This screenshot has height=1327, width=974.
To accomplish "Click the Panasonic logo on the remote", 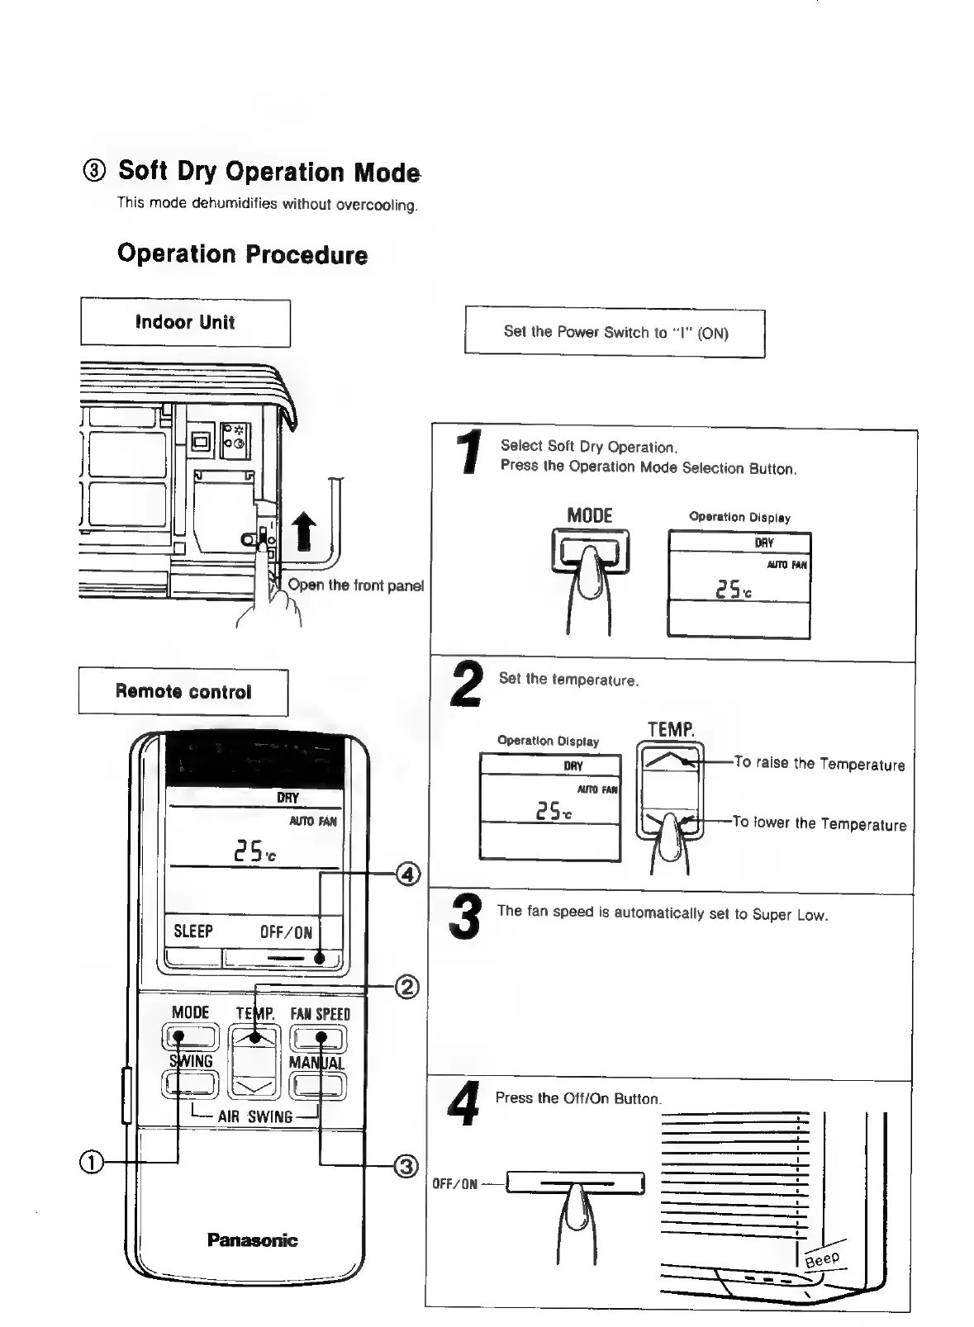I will (x=252, y=1239).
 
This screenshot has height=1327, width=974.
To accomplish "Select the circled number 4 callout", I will (x=409, y=874).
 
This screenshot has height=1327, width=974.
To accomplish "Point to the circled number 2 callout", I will (x=408, y=987).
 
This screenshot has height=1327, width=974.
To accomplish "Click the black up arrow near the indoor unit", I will (x=305, y=529).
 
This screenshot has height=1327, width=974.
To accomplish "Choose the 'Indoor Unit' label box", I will (x=185, y=323).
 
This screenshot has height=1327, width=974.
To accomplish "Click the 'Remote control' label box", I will (x=183, y=692).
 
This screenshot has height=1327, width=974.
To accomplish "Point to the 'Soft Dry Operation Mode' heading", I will (x=268, y=172).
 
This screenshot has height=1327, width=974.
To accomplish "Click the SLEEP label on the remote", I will (x=193, y=931).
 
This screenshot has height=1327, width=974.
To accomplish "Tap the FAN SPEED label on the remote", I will (x=320, y=1014).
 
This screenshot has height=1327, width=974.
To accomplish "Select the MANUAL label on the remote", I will (x=316, y=1063).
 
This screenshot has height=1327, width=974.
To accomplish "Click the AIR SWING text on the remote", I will (x=255, y=1117).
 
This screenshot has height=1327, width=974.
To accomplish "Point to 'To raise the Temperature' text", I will (x=820, y=764).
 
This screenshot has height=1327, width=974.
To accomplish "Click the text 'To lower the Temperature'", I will (x=820, y=823).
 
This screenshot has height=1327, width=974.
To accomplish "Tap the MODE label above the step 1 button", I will (x=590, y=516).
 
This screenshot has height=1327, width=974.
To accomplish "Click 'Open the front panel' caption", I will (x=356, y=585).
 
